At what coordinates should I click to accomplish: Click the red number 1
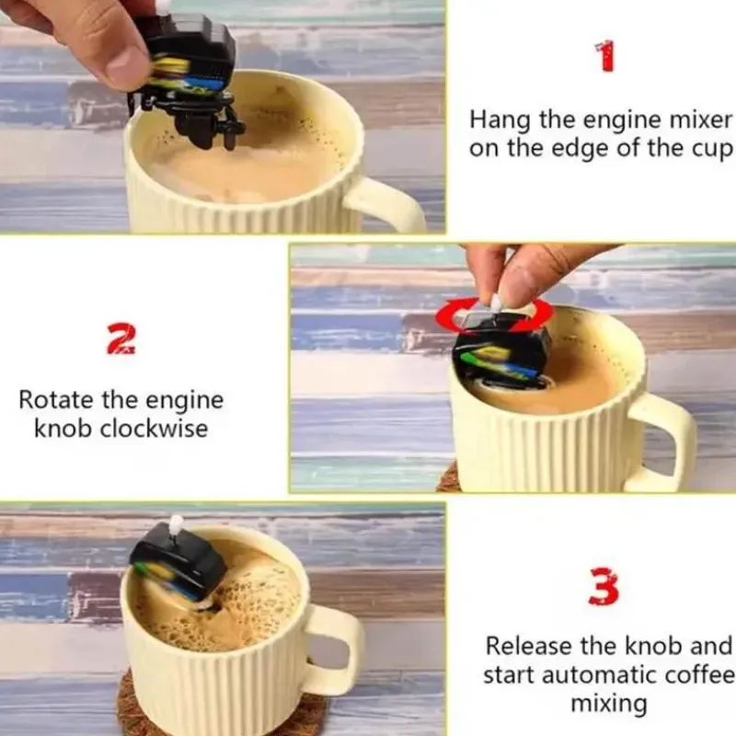click(x=605, y=58)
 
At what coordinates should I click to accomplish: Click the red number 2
click(x=121, y=340)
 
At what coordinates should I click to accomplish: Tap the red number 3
click(x=604, y=587)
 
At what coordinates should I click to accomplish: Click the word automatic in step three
click(x=595, y=675)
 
